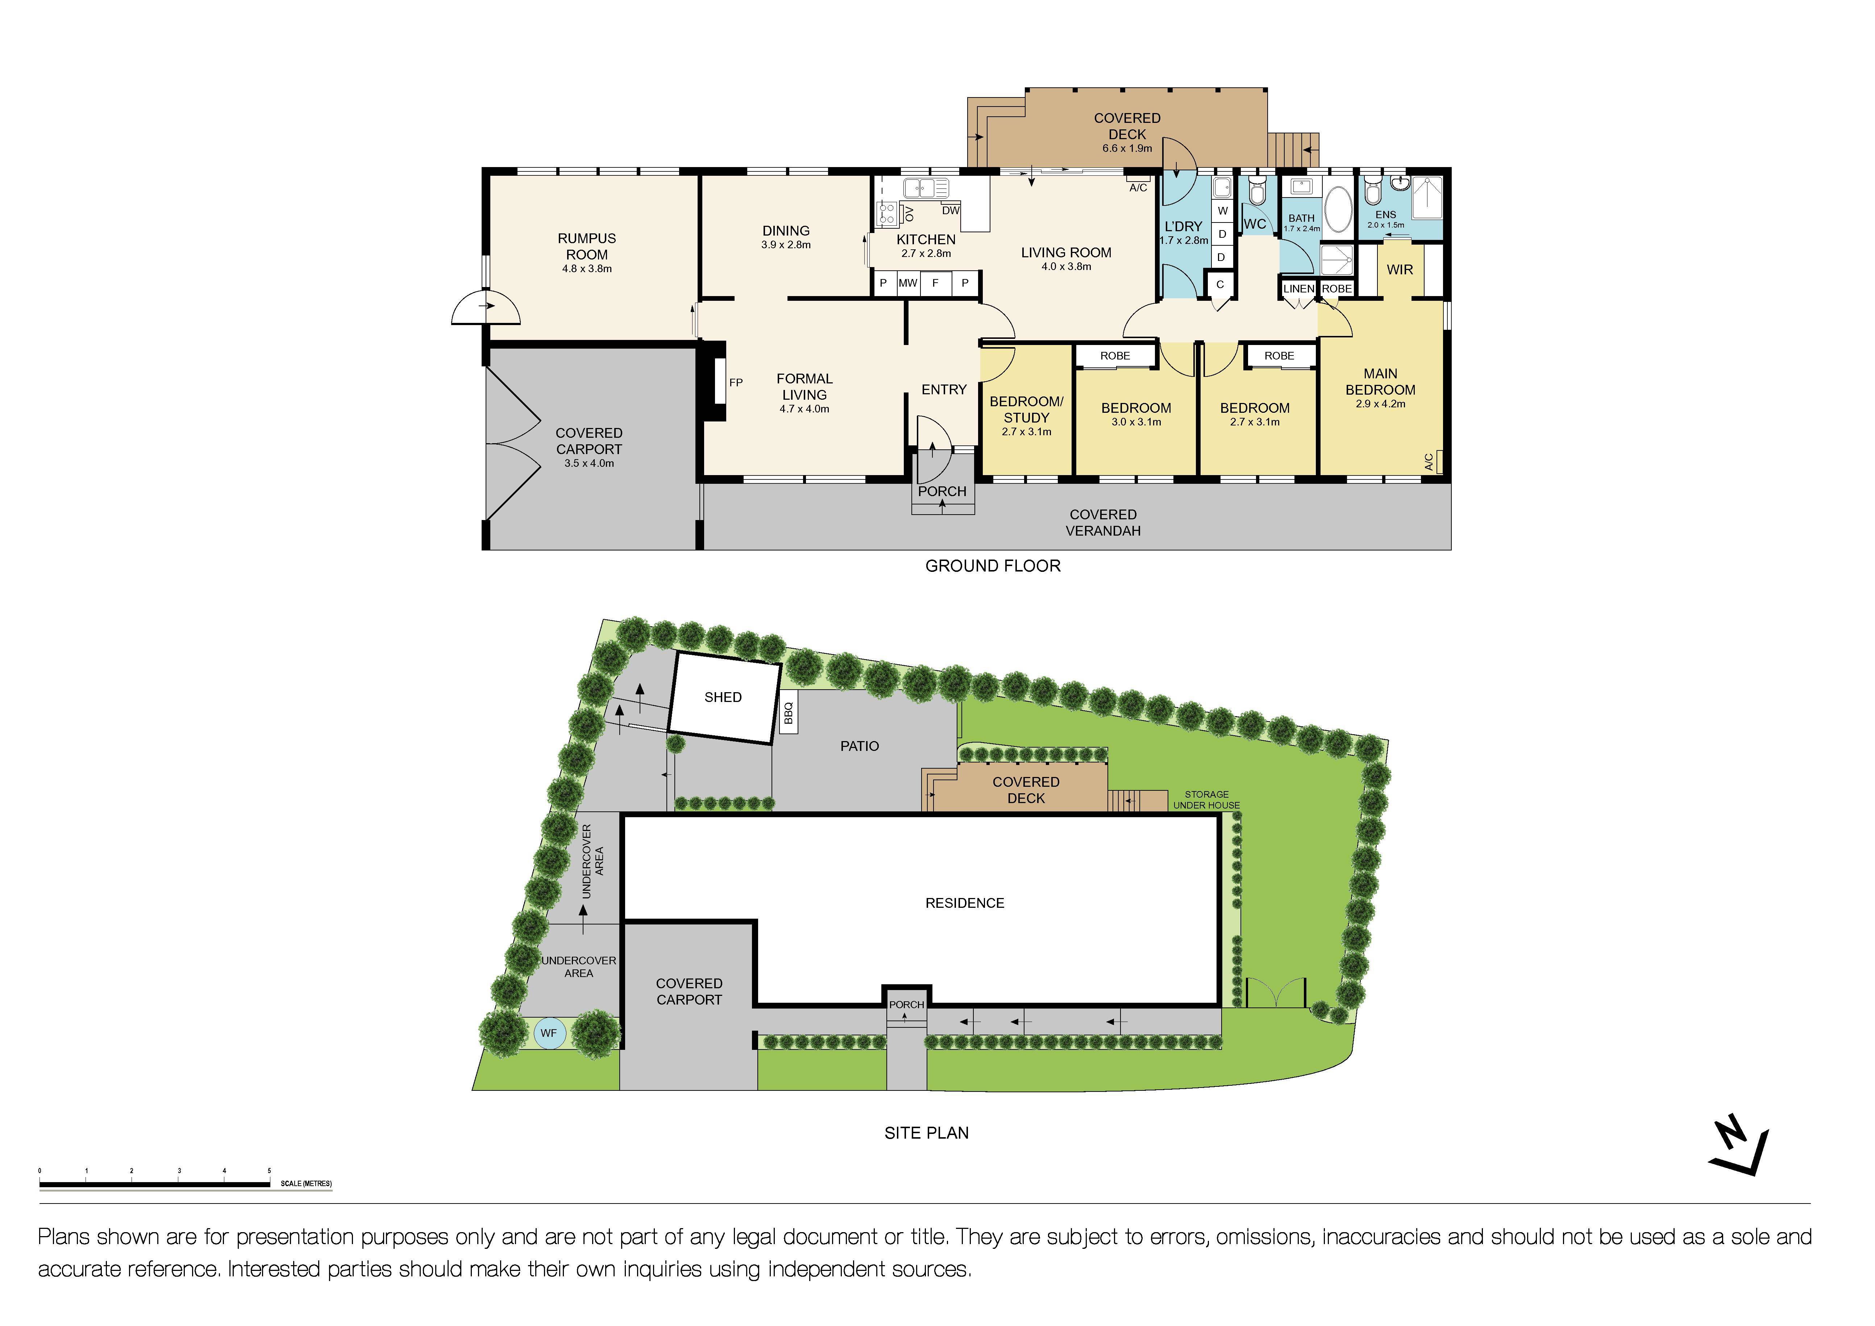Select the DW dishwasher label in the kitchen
[951, 211]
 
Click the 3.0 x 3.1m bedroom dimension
[1136, 422]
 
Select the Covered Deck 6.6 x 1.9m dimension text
[1127, 149]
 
